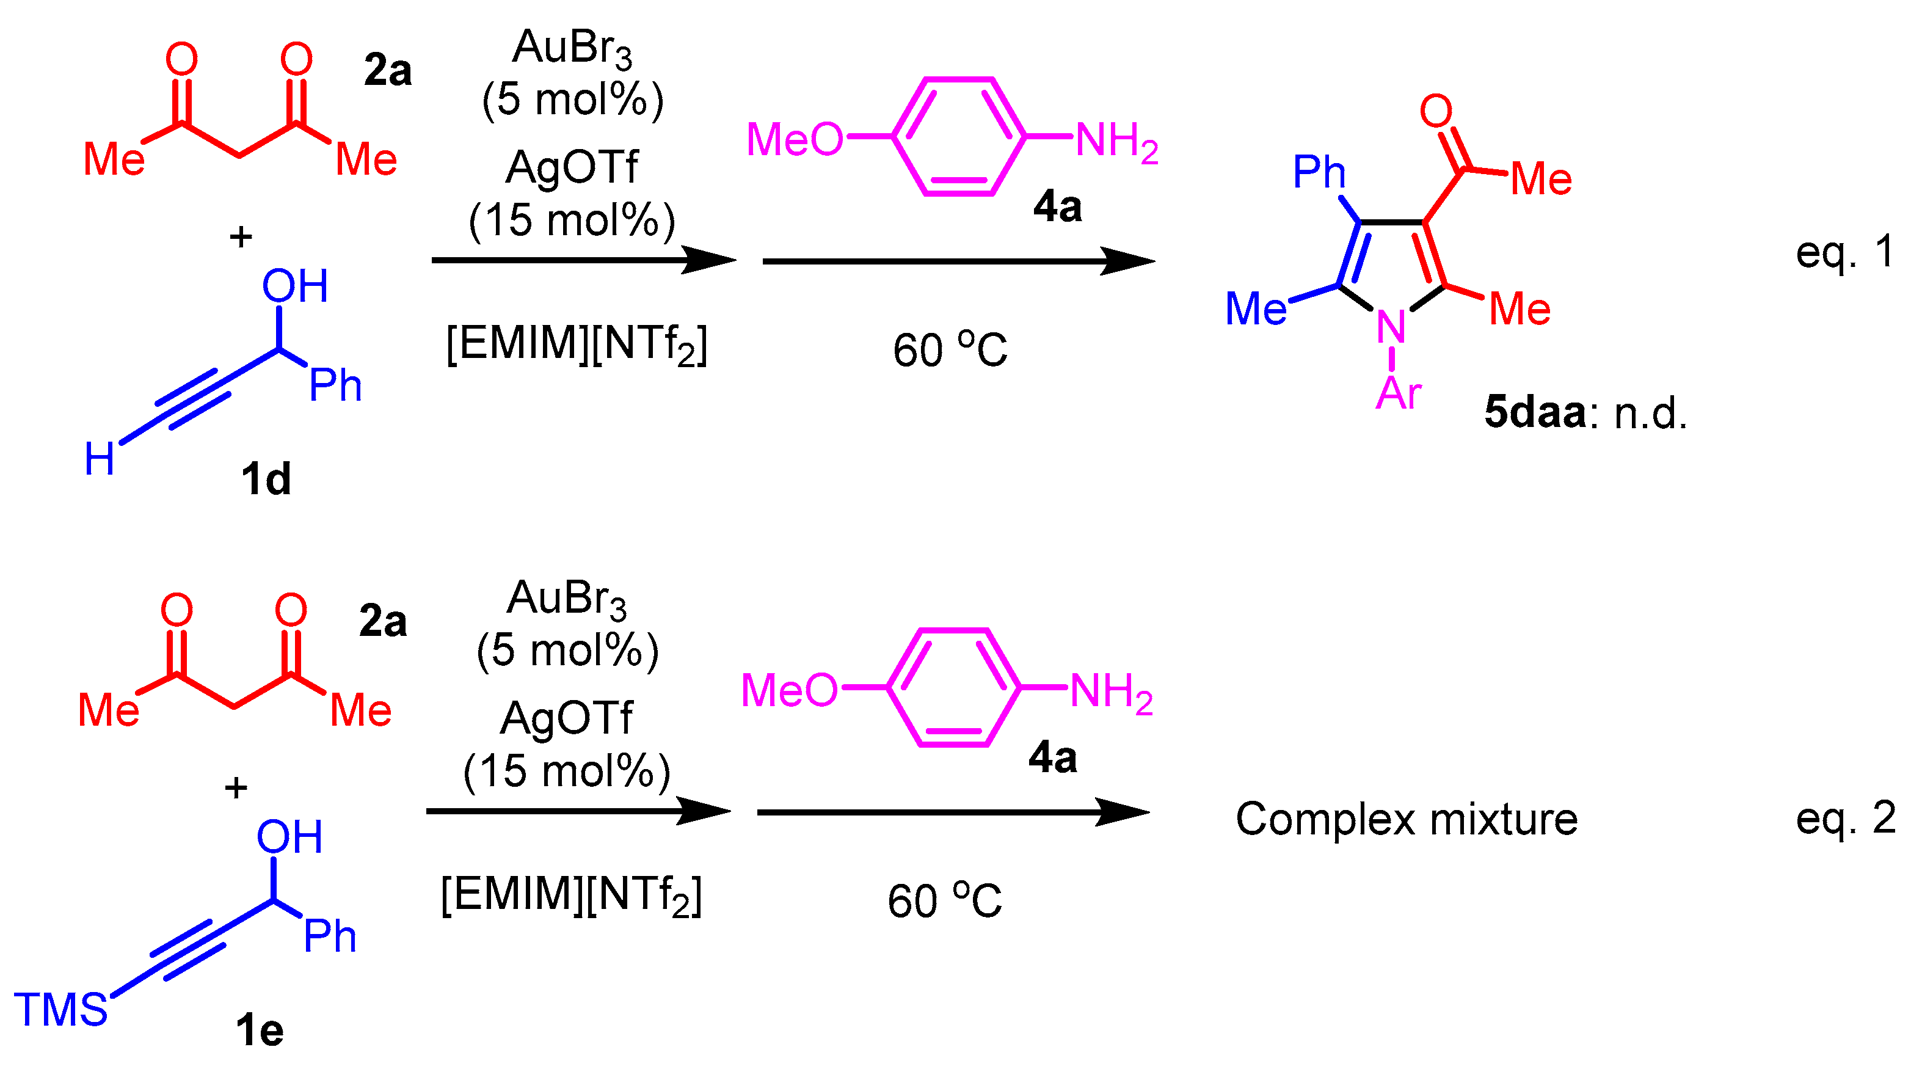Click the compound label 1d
(266, 480)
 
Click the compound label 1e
(260, 1031)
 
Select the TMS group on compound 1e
(61, 1010)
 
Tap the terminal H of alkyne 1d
(100, 459)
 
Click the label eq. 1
(1844, 252)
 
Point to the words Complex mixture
(1407, 819)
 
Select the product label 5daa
(1534, 412)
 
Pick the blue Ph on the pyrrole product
(1319, 172)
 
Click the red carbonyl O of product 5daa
(1435, 111)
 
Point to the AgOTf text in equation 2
(567, 718)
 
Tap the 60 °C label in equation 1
(950, 349)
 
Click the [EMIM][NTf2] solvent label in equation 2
(571, 896)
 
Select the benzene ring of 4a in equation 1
(959, 136)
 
